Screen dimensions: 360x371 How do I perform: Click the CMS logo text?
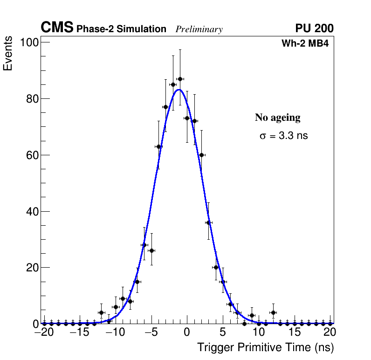[x=57, y=28]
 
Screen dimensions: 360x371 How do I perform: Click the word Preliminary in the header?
[x=199, y=29]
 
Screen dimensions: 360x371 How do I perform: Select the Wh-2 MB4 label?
[x=305, y=44]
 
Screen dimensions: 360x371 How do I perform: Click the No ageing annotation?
[x=277, y=118]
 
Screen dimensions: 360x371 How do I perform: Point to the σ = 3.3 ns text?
[x=283, y=136]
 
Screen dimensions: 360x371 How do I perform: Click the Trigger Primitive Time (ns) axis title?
[x=265, y=347]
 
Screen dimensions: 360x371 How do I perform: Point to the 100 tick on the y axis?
[x=29, y=42]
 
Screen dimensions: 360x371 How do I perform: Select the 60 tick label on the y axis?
[x=32, y=155]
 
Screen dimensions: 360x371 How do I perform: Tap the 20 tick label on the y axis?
[x=32, y=268]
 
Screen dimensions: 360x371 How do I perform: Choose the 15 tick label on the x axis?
[x=295, y=332]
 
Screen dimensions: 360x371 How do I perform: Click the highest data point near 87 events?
[x=180, y=79]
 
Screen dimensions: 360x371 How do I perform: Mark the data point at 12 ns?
[x=273, y=312]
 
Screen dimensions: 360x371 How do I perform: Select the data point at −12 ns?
[x=101, y=312]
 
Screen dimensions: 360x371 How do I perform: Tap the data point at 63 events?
[x=158, y=146]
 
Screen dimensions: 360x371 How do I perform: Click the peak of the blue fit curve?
[x=179, y=90]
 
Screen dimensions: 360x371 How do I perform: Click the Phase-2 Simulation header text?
[x=121, y=29]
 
